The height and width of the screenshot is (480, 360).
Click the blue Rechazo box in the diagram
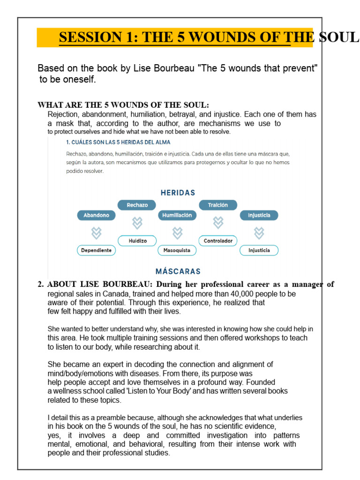136,205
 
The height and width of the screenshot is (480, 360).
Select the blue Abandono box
96,215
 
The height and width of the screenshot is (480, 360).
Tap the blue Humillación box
177,215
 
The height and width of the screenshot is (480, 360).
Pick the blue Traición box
218,205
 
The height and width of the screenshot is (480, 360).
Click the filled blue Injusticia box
259,215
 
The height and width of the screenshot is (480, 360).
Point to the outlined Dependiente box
96,250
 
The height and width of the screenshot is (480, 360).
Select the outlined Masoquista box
177,250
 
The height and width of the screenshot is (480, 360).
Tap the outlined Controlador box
218,240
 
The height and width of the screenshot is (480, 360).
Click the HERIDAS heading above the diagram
178,193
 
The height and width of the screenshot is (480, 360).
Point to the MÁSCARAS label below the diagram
178,271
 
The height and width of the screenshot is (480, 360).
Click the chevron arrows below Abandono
96,232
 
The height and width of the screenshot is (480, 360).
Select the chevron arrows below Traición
218,222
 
